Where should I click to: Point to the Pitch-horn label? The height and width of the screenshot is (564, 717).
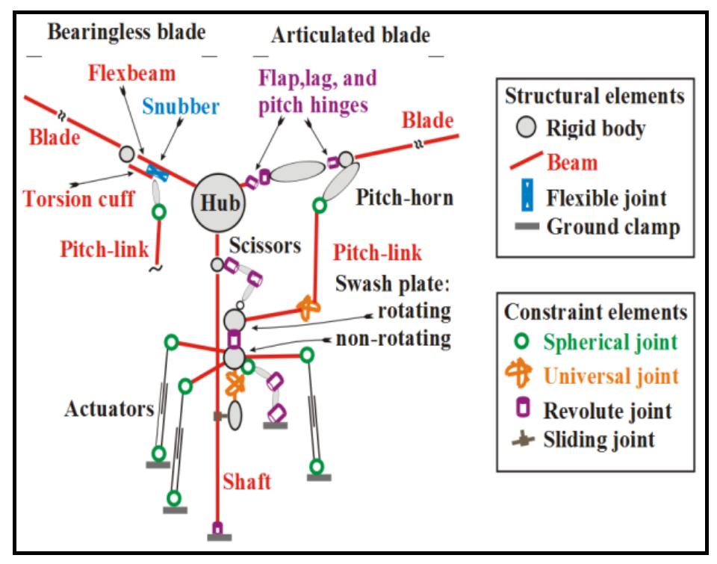click(x=394, y=200)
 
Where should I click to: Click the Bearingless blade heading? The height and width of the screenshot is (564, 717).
click(x=126, y=33)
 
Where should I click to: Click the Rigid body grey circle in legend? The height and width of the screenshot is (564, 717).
click(x=527, y=128)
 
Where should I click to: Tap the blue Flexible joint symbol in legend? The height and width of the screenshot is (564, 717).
click(x=527, y=198)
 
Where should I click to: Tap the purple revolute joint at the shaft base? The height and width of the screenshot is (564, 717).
click(x=217, y=528)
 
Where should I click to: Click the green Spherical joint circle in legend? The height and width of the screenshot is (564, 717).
click(x=527, y=343)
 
